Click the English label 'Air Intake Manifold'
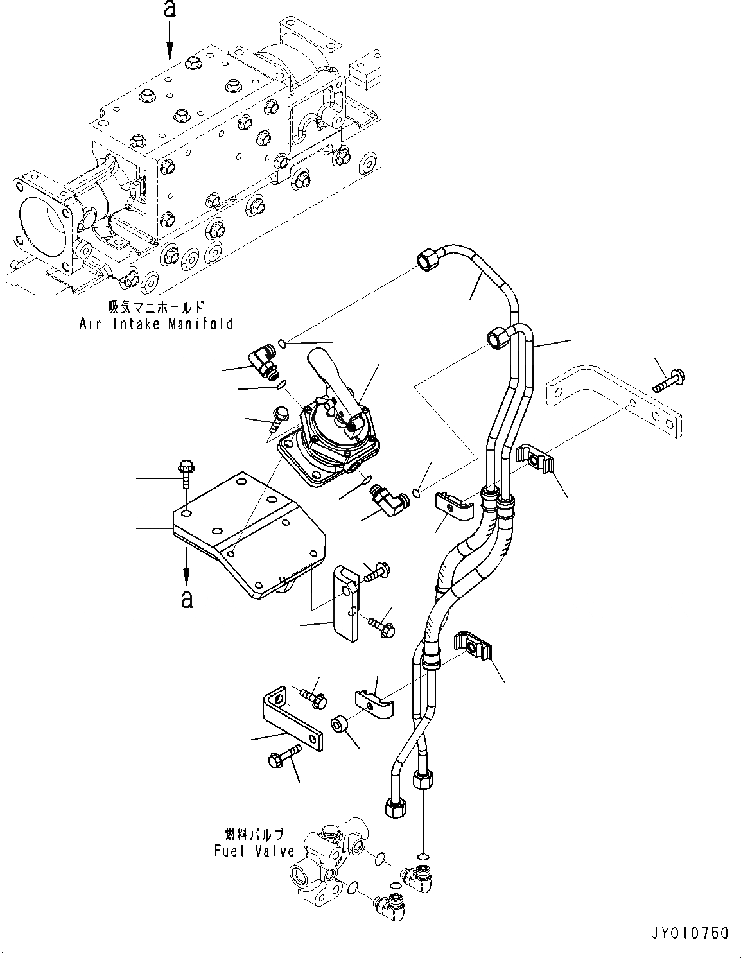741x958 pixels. (x=155, y=324)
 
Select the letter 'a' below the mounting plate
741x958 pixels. (x=187, y=598)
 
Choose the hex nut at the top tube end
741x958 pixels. (x=427, y=259)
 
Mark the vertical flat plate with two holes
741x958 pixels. (x=346, y=604)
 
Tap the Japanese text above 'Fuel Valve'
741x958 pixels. (x=254, y=834)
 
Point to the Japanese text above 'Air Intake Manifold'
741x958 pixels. (x=157, y=308)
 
